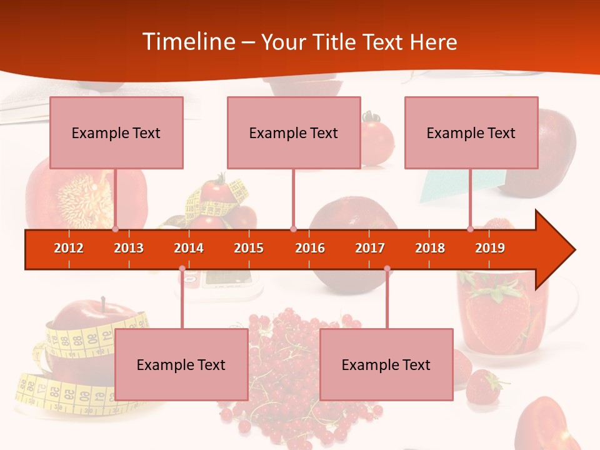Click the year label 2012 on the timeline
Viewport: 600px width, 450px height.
point(69,248)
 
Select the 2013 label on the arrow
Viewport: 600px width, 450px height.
point(129,248)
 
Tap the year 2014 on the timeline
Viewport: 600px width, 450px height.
point(189,248)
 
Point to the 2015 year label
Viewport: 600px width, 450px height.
point(249,248)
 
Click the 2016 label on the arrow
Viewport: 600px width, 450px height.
point(310,248)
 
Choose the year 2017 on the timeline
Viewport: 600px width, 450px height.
point(370,248)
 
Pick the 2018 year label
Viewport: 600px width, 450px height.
point(430,248)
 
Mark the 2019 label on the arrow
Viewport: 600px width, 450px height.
point(490,248)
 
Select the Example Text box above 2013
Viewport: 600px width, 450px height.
point(116,132)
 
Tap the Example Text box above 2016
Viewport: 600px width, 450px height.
point(294,132)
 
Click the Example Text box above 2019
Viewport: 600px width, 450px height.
point(471,132)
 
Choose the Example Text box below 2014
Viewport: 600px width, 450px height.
point(181,364)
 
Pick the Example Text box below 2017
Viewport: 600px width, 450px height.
point(386,364)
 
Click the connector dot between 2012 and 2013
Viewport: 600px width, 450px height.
point(115,229)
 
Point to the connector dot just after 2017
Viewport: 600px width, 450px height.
point(387,269)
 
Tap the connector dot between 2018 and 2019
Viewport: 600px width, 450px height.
point(470,229)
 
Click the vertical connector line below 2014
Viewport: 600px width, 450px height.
point(182,300)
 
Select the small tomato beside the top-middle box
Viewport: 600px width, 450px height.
point(377,141)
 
